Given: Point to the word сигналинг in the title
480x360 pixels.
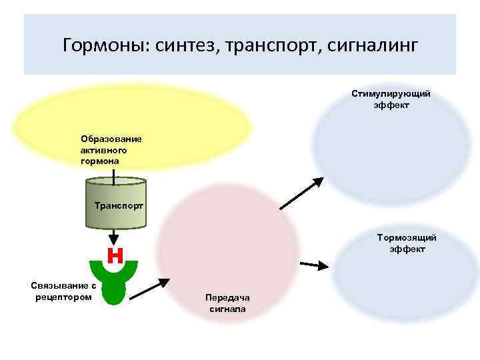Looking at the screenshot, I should (x=373, y=45).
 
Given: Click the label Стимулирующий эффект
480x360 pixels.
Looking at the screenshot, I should (x=391, y=99).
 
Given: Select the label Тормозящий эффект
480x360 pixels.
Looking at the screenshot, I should (x=407, y=243).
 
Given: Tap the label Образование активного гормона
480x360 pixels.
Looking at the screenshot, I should (x=111, y=150).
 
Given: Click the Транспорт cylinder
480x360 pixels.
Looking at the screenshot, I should (x=115, y=193).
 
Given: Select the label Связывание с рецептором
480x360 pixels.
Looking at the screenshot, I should (x=63, y=291).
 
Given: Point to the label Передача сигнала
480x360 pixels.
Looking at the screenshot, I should (x=227, y=303).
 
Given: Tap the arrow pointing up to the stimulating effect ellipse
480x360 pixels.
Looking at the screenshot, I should (x=300, y=193).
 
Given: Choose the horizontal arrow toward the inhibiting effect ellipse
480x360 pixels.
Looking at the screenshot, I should (x=314, y=265).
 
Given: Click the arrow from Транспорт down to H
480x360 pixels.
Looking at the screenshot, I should (x=115, y=236).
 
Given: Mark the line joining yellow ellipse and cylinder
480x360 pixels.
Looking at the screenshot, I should (x=115, y=175).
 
